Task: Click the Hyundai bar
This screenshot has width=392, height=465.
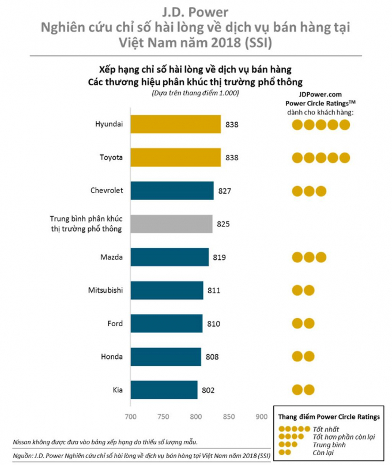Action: tap(175, 124)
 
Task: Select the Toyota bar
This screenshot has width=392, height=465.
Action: tap(175, 157)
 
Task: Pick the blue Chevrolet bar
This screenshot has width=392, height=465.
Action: tap(172, 190)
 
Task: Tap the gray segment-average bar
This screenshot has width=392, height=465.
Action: tap(171, 224)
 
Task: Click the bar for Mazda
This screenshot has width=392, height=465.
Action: tap(169, 257)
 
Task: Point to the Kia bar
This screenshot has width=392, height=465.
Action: tap(164, 390)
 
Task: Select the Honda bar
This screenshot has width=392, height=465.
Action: tap(165, 357)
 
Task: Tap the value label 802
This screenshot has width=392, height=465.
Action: tap(209, 390)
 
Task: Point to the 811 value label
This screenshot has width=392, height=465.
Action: tap(214, 290)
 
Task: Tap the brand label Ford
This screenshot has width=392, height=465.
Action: tap(115, 323)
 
